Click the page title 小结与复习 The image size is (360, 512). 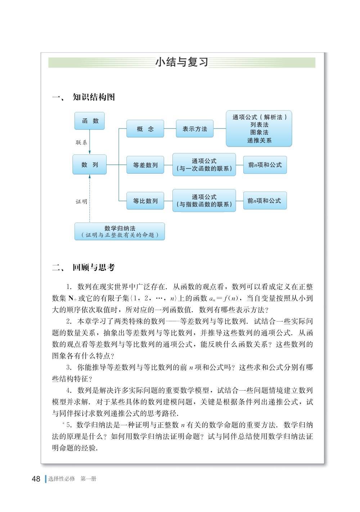pos(182,62)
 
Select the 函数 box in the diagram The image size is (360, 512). pos(90,121)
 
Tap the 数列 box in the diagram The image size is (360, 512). pos(90,165)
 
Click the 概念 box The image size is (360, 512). pos(145,129)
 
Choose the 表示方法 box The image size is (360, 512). pos(194,129)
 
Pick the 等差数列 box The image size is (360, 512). pos(145,165)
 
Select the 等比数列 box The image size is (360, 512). pos(145,201)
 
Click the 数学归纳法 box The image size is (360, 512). pos(120,231)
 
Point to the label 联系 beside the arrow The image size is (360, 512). pos(81,143)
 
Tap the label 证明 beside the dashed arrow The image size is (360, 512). pos(81,202)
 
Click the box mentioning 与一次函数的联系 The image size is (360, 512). pos(204,165)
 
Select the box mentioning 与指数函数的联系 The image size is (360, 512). pos(204,201)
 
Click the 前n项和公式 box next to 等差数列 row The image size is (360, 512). pos(265,165)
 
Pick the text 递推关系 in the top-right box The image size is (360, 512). pos(259,140)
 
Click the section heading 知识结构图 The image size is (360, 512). pos(94,97)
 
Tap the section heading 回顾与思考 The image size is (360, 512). pos(94,268)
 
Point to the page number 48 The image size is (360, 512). pos(36,479)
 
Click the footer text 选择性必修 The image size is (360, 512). pos(62,479)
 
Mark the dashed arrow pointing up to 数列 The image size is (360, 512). pos(90,198)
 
